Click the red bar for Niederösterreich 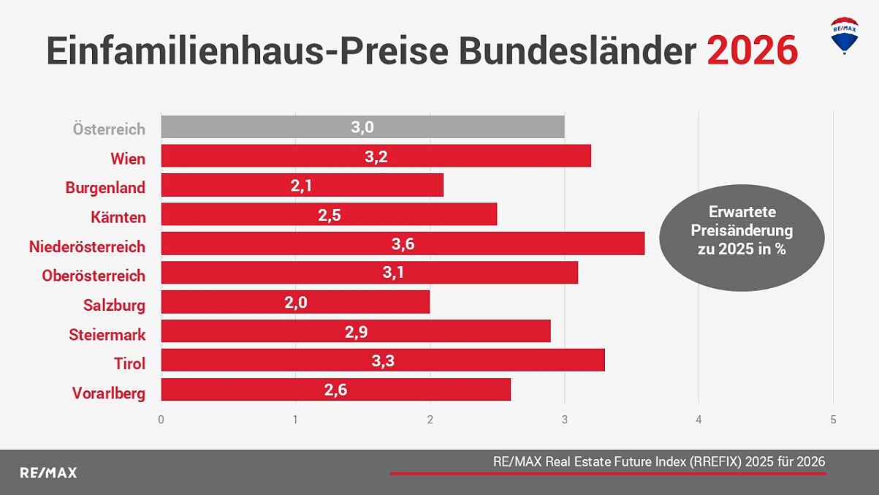tap(403, 243)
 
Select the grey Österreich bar tap(362, 127)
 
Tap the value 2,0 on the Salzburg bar tap(296, 303)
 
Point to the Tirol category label tap(129, 363)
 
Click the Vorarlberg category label tap(108, 393)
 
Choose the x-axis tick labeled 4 tap(699, 420)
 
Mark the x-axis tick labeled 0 tap(161, 420)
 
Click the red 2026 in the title tap(752, 51)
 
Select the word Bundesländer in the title tap(577, 51)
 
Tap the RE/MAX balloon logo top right tap(845, 35)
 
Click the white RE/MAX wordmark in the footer tap(48, 473)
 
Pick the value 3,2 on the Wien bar tap(376, 156)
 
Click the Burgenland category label tap(105, 188)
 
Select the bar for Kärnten tap(329, 214)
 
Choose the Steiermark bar tap(356, 331)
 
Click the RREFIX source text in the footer tap(658, 461)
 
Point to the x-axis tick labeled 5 tap(833, 420)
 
